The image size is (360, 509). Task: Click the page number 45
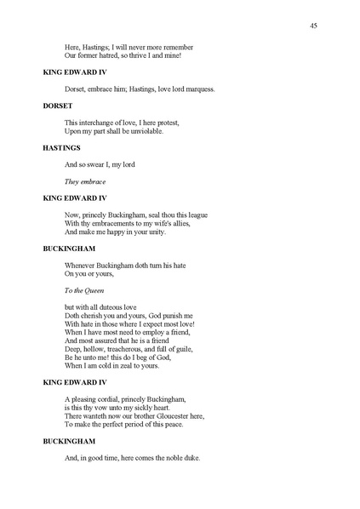click(314, 26)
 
